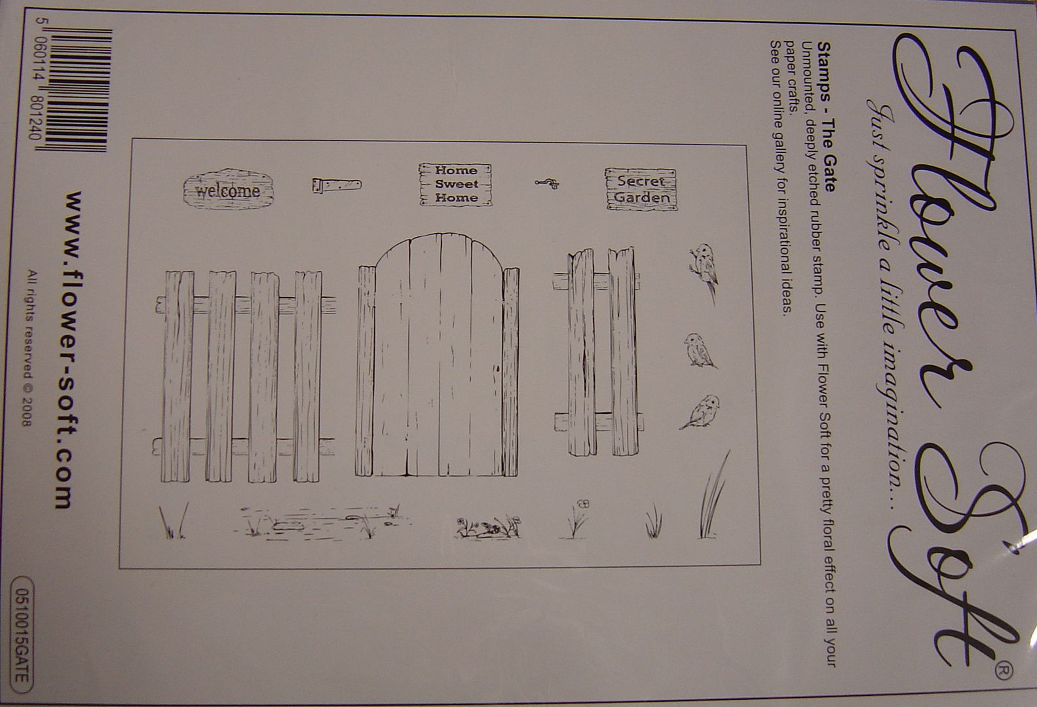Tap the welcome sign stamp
pyautogui.click(x=228, y=189)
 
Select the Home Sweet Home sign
pyautogui.click(x=455, y=184)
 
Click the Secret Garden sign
pyautogui.click(x=641, y=190)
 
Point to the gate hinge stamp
pyautogui.click(x=337, y=185)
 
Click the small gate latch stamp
pyautogui.click(x=547, y=184)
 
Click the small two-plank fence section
pyautogui.click(x=598, y=352)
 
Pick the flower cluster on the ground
pyautogui.click(x=488, y=527)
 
